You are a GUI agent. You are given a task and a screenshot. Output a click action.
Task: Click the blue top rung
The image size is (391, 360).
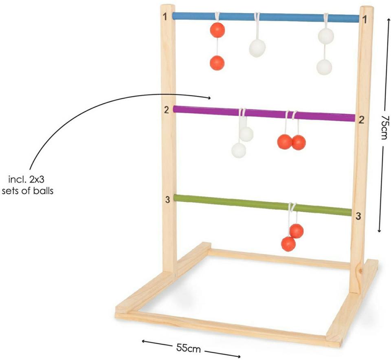(266, 17)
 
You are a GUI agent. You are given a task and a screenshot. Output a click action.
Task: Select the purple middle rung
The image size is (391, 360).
(264, 114)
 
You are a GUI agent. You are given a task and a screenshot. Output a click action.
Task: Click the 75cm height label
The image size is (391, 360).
(384, 127)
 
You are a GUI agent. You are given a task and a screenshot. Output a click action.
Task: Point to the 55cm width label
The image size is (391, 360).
(189, 347)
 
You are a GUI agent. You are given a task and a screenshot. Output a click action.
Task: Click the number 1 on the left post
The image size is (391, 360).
(165, 17)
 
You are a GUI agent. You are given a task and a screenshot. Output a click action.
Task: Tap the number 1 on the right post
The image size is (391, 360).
(365, 20)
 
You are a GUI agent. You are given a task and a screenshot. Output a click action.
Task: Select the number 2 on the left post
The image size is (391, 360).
(167, 110)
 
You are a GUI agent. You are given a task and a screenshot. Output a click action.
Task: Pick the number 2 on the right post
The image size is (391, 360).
(361, 120)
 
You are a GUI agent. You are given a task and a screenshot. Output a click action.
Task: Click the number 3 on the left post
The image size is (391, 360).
(167, 200)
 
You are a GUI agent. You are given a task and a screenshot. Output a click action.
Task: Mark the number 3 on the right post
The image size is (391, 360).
(358, 216)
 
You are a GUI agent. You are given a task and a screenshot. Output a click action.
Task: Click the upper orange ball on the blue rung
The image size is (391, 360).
(217, 30)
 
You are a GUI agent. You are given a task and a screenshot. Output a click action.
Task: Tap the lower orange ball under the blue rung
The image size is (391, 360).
(217, 63)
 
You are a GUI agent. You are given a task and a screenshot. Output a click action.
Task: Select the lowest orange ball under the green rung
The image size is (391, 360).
(288, 244)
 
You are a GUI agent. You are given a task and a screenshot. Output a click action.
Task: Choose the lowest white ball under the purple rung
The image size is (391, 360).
(239, 150)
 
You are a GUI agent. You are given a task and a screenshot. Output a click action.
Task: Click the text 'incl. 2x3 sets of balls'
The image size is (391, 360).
(27, 185)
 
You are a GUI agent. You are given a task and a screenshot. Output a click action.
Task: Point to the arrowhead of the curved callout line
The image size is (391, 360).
(209, 98)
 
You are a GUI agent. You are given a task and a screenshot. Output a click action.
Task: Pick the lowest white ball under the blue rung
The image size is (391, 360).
(324, 67)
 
